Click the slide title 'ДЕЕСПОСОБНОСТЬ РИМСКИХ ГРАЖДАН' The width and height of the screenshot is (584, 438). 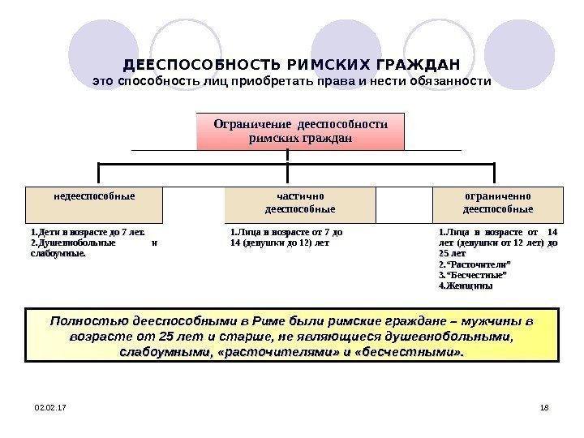pos(291,64)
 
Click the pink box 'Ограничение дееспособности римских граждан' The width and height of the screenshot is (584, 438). pos(300,131)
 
